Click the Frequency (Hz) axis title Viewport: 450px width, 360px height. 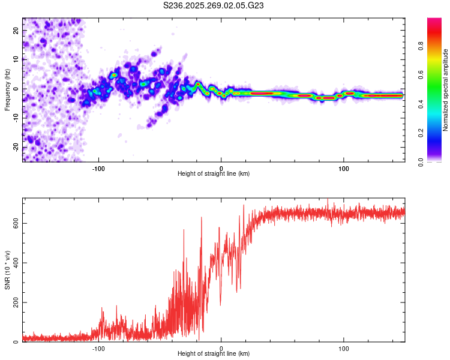pyautogui.click(x=7, y=89)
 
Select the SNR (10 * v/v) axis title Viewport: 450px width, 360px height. pyautogui.click(x=7, y=270)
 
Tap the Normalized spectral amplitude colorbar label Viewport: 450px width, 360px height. pyautogui.click(x=445, y=91)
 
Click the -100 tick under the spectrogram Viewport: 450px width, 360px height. pyautogui.click(x=98, y=168)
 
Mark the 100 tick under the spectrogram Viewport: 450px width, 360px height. pyautogui.click(x=344, y=168)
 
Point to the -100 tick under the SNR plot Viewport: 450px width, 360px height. pyautogui.click(x=98, y=348)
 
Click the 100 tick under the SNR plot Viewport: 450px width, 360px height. pyautogui.click(x=344, y=348)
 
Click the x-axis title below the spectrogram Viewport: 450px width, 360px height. pyautogui.click(x=214, y=174)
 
